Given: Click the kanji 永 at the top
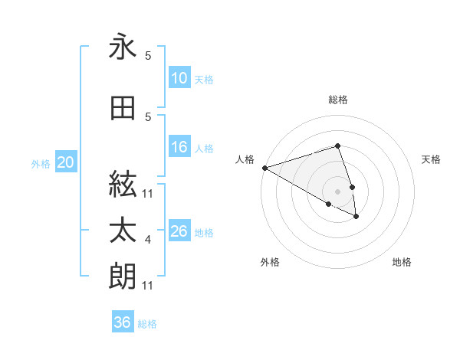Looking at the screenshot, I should (123, 47).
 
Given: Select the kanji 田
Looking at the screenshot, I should (123, 109).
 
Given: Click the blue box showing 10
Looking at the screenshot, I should (179, 78).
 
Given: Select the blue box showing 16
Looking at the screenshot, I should (179, 148).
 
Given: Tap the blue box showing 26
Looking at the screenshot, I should (179, 231).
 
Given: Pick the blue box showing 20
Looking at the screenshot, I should (66, 162).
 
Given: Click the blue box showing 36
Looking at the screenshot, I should (123, 322).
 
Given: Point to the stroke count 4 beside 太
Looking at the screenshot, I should (148, 240).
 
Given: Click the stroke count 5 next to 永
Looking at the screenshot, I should (148, 56).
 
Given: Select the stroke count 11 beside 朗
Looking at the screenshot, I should (149, 286).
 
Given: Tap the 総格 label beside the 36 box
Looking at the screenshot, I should (148, 324).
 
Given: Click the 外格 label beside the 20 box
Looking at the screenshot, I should (41, 163).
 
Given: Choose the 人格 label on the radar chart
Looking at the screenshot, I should (245, 159).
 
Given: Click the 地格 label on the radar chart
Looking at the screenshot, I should (402, 262).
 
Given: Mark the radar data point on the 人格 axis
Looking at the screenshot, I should (264, 168).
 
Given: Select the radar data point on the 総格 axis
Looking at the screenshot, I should (337, 146).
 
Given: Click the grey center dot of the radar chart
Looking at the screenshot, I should (337, 191).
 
